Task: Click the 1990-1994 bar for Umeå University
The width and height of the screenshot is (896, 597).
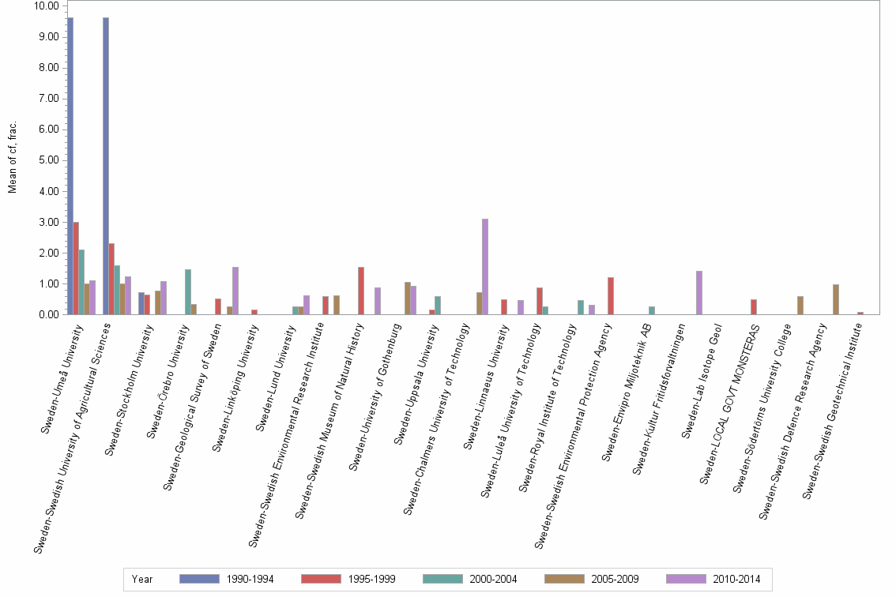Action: click(70, 166)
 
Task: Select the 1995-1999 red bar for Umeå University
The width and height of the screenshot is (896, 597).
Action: click(76, 268)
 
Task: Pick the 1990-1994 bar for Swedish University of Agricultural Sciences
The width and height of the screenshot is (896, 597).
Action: click(106, 166)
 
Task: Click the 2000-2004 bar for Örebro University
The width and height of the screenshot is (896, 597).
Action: click(188, 292)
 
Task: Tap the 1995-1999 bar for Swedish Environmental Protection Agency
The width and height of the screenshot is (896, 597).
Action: click(611, 296)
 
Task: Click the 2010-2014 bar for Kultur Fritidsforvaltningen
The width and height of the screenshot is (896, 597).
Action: click(699, 293)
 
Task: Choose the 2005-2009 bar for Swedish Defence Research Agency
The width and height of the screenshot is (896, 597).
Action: click(836, 299)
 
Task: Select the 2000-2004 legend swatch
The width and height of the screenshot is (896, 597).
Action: click(444, 579)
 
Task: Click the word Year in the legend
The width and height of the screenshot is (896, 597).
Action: click(143, 579)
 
